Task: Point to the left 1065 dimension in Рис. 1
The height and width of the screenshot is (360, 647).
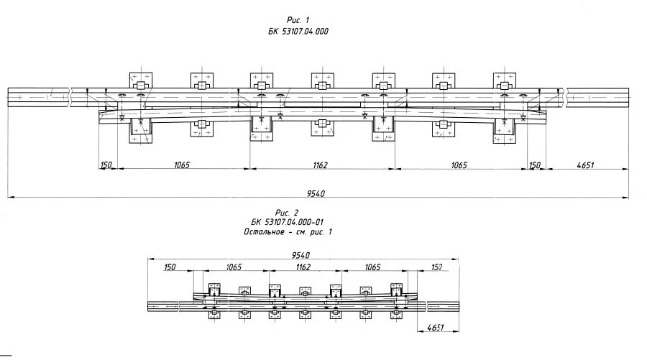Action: coord(181,165)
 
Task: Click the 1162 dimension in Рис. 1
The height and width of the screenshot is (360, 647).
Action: coord(320,165)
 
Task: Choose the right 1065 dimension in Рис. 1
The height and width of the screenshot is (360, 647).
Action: coord(459,165)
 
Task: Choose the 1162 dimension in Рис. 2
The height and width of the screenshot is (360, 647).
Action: coord(302,267)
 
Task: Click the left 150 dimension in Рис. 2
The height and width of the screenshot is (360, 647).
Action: coord(170,267)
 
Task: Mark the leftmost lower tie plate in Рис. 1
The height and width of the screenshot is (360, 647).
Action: coord(141,131)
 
